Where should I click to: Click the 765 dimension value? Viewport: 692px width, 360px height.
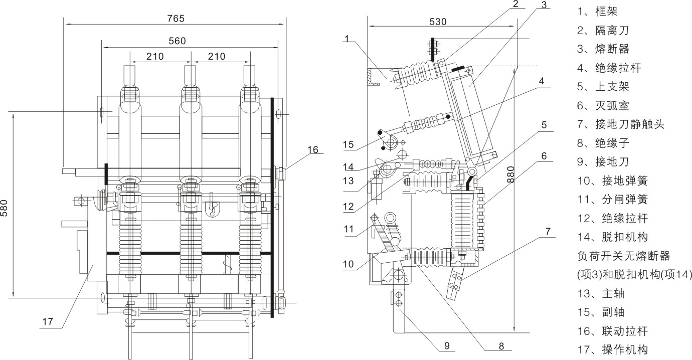coord(176,19)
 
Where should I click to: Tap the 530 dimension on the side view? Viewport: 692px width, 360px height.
coord(438,22)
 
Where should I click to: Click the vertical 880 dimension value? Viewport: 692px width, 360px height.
coord(511,173)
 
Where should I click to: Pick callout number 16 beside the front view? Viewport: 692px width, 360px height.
coord(312,149)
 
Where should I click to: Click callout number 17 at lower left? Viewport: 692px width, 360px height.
coord(47,322)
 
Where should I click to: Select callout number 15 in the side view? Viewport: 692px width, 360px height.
coord(349,145)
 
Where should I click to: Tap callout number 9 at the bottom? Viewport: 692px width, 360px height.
coord(446,345)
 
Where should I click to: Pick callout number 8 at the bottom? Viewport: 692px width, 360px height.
coord(501,345)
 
